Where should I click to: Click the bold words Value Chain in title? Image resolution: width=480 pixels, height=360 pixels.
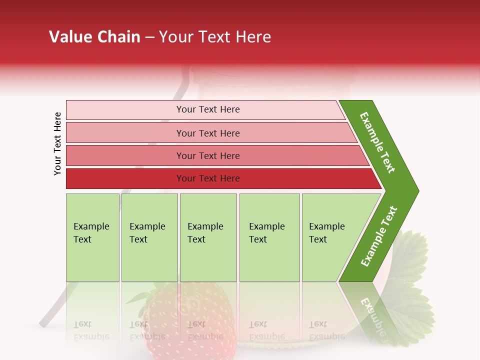(94, 37)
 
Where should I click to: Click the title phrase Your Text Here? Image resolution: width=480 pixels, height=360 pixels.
(215, 37)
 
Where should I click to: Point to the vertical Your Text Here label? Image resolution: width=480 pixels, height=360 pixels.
(57, 143)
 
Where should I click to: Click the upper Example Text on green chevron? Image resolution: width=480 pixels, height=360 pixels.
(377, 142)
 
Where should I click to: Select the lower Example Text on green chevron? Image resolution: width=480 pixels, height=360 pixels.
(379, 236)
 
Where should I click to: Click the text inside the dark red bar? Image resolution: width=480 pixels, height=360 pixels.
(208, 178)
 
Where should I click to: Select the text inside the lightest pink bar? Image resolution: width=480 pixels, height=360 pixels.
(208, 109)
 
